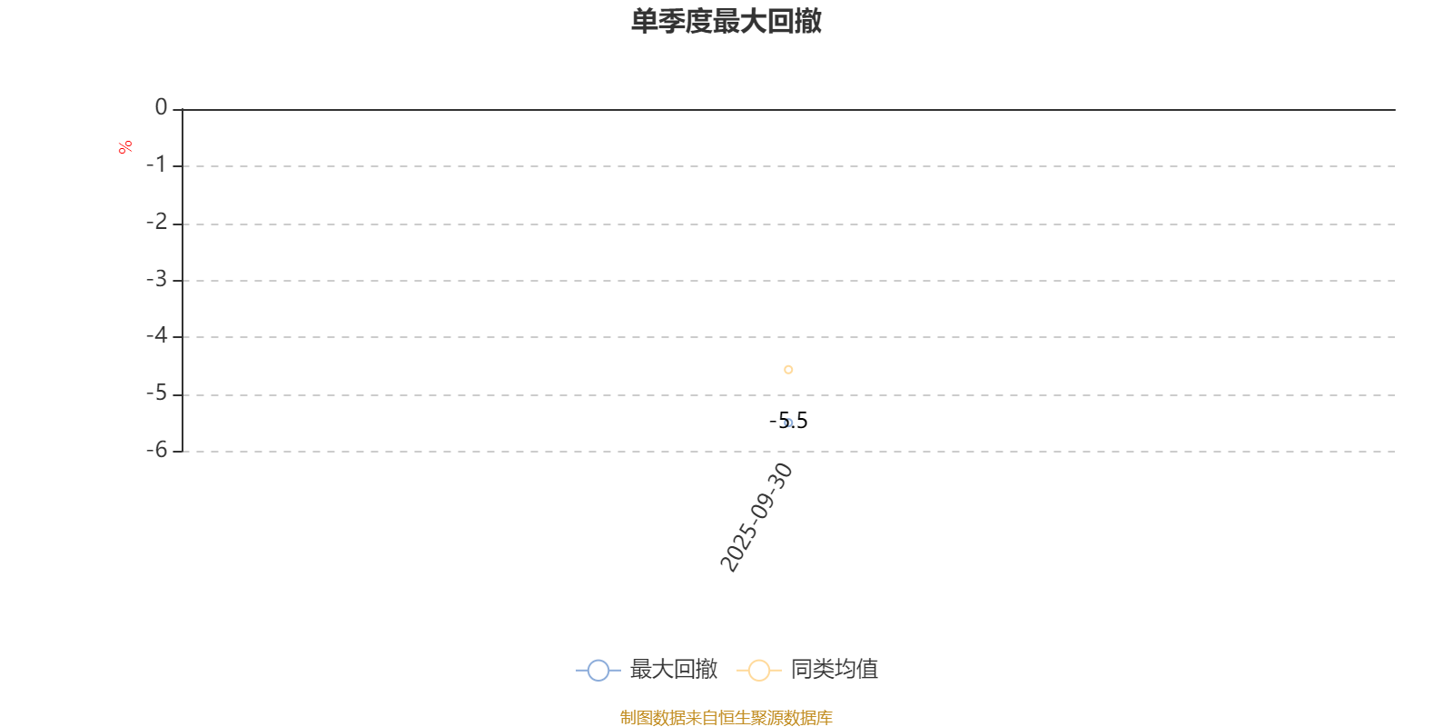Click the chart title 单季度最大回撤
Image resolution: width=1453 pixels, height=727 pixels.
[x=726, y=21]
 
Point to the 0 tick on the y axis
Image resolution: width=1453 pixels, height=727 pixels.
[x=161, y=107]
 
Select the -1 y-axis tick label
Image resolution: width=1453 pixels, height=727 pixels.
[x=156, y=164]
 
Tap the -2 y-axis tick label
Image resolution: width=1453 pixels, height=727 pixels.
[x=156, y=222]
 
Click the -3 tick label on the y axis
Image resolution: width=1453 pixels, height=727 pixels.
[x=156, y=279]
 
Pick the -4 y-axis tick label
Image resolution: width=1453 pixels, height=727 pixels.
[x=156, y=335]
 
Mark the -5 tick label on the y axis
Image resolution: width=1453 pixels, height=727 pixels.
[x=156, y=393]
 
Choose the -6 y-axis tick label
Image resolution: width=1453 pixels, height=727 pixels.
[x=156, y=450]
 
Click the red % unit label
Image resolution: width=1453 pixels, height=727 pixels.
[x=125, y=147]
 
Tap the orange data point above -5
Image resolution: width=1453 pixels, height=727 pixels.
[x=788, y=369]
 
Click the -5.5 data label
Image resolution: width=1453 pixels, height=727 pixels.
[x=788, y=421]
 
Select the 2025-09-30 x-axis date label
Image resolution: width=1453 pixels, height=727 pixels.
[x=756, y=517]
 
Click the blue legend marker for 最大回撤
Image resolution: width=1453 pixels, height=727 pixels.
[x=598, y=670]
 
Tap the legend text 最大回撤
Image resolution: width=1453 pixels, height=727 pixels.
[x=673, y=669]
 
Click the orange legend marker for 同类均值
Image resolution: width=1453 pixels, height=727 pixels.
[x=759, y=670]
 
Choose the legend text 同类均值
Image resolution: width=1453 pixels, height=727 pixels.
[x=835, y=669]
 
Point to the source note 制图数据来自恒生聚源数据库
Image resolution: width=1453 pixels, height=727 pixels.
[x=726, y=717]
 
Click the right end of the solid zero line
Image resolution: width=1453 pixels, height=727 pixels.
[x=1395, y=110]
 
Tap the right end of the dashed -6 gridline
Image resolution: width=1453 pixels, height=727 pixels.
[x=1395, y=451]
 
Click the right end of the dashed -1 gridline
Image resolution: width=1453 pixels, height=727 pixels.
[x=1395, y=166]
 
